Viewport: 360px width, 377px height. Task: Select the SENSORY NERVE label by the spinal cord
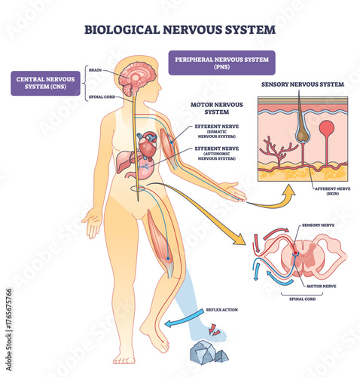316,225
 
